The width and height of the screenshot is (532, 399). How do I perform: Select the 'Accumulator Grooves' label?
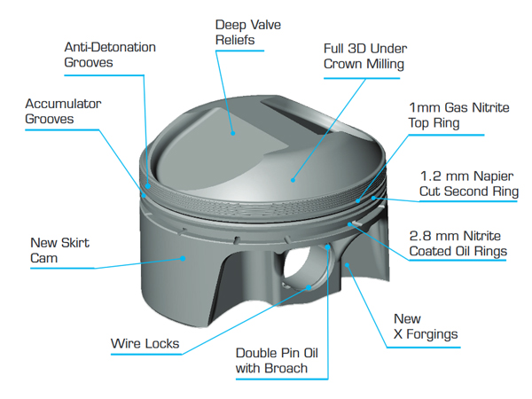(62, 110)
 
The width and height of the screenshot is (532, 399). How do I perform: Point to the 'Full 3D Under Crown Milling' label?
(365, 56)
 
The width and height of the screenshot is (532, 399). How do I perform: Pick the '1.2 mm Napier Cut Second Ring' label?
(467, 183)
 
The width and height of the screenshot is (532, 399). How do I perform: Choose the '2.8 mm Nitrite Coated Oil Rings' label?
(458, 243)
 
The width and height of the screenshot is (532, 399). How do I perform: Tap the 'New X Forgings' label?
(425, 326)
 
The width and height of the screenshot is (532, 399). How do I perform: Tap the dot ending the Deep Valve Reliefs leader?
(233, 133)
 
